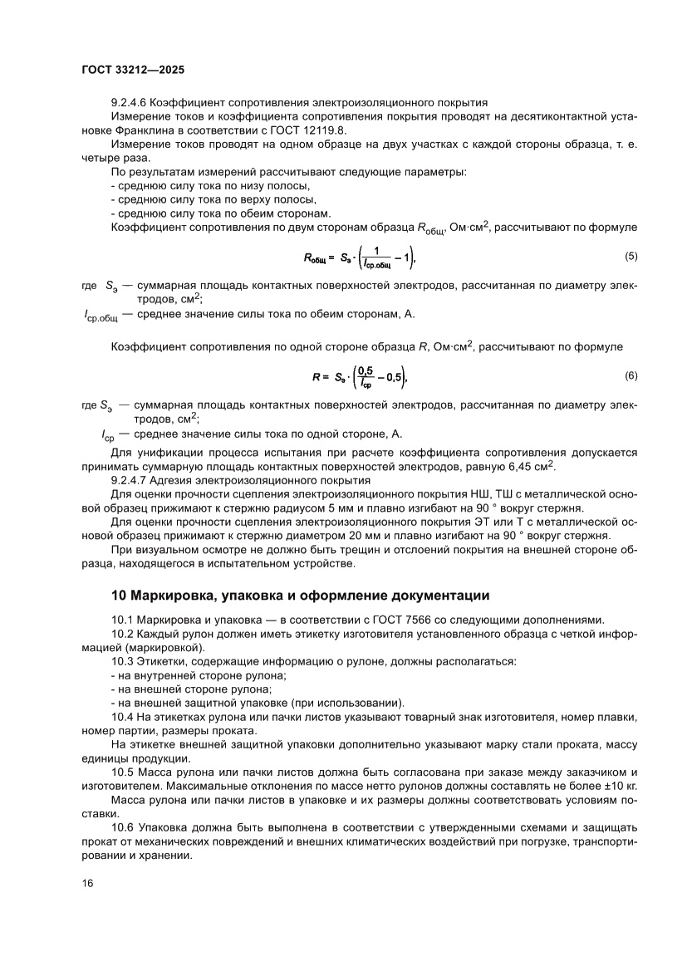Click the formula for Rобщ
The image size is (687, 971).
coord(359,259)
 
